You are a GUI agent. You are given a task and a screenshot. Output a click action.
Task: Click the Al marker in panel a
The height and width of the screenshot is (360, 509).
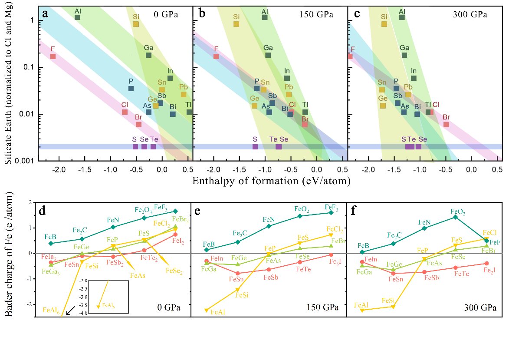coord(77,17)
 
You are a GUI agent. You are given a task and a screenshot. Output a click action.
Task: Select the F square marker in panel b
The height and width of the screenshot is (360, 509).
coord(216,56)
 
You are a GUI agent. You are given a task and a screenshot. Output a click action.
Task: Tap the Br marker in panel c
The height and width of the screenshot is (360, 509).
coord(446,125)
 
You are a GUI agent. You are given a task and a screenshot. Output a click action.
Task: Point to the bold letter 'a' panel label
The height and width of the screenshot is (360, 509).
coord(45,14)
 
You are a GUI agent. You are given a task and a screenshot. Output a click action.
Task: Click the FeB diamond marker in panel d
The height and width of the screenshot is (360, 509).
coord(51,243)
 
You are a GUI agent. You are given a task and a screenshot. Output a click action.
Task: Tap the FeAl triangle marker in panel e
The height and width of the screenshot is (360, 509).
coord(206,310)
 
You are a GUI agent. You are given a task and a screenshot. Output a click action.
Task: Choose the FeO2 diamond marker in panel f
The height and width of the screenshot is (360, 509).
coord(455,217)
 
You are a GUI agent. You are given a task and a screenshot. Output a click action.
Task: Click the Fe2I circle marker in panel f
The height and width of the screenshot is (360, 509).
coord(486,264)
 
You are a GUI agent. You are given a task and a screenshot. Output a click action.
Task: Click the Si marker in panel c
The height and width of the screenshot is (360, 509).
coord(384,24)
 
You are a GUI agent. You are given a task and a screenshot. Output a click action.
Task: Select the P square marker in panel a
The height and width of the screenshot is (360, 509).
coord(131,89)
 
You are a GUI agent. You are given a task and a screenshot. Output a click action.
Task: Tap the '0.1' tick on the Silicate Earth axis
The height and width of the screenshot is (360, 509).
coord(27,67)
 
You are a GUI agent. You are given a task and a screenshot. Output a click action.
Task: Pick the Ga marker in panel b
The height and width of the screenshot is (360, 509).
coord(268,55)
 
